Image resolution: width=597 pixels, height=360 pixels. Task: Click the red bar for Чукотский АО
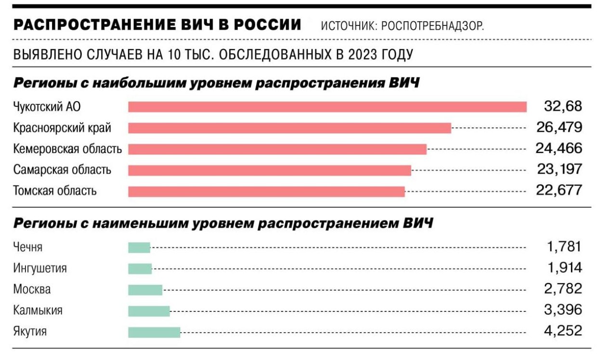coord(327,107)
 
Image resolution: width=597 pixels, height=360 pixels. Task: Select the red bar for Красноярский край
coord(289,128)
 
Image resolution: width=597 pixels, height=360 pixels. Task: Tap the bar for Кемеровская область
coord(277,149)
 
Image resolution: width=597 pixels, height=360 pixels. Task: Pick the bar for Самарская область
coord(270,170)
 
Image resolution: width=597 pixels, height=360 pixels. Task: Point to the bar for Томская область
coord(266,192)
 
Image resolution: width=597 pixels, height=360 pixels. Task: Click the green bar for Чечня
coord(139,247)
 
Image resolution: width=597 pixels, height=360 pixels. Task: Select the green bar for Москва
coord(145,290)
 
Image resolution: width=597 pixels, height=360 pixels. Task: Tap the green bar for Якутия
coord(154,332)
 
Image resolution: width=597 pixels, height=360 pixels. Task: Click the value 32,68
coord(563,106)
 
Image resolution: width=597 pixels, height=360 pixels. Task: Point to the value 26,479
coord(559,128)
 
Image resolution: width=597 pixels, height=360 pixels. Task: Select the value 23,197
coord(559,169)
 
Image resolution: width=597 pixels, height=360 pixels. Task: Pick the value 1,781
coord(564,247)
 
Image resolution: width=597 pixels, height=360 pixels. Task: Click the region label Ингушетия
coord(40,269)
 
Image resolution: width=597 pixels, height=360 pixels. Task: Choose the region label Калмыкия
coord(38,310)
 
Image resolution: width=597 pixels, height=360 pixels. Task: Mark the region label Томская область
coord(55,191)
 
